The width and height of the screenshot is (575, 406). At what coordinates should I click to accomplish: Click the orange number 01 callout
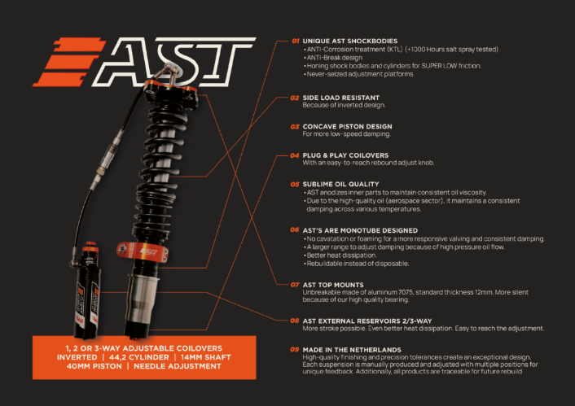point(296,41)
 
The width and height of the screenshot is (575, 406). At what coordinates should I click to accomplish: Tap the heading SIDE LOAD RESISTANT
point(340,98)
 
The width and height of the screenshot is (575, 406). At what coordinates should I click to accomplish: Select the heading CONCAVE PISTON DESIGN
point(347,126)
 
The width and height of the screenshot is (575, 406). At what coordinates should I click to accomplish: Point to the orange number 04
point(295,155)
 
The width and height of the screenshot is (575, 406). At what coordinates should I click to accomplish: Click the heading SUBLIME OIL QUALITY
point(340,184)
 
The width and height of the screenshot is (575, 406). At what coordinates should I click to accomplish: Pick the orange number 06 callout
point(295,229)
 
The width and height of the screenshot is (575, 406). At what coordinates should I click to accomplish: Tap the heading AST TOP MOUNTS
point(333,285)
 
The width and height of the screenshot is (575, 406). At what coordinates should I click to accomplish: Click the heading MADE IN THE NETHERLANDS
point(352,350)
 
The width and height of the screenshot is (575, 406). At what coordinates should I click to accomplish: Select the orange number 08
point(295,321)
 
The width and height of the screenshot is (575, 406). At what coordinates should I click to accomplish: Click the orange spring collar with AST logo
point(143,252)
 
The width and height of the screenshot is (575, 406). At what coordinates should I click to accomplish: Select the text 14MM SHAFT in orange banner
point(206,357)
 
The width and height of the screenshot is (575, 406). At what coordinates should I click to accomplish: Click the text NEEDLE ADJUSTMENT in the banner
point(177,366)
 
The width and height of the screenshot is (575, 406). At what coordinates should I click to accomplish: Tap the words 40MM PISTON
point(94,366)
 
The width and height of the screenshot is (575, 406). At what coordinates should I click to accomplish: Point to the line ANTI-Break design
point(335,58)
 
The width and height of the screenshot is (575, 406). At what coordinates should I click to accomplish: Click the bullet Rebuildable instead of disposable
point(358,264)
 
